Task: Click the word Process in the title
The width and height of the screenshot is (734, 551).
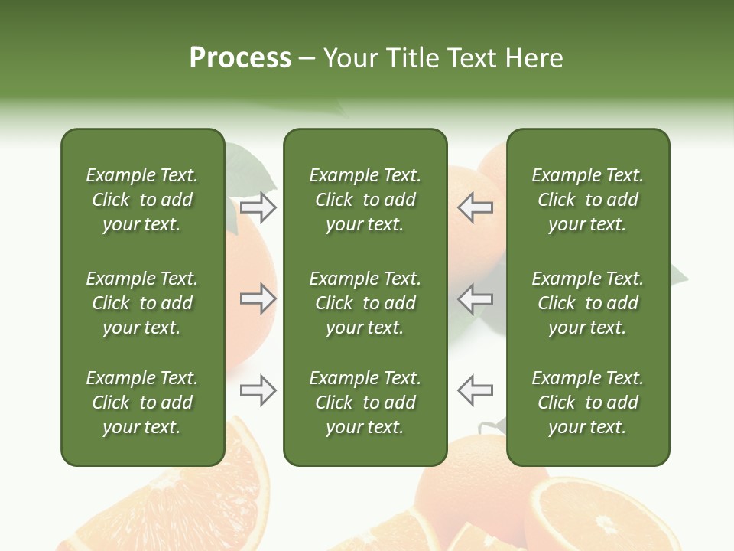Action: pyautogui.click(x=240, y=58)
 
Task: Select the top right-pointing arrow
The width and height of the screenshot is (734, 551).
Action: pyautogui.click(x=258, y=207)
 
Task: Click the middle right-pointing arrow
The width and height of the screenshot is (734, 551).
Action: pyautogui.click(x=258, y=298)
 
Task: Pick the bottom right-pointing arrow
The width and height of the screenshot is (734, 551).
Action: pyautogui.click(x=258, y=390)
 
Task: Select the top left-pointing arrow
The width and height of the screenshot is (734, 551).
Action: pyautogui.click(x=476, y=207)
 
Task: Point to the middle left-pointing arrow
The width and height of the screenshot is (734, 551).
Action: pyautogui.click(x=476, y=298)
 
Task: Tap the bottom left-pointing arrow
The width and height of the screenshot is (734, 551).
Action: pyautogui.click(x=476, y=390)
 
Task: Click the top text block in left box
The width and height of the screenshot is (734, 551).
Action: pyautogui.click(x=142, y=200)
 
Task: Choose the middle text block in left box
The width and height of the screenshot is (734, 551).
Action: pyautogui.click(x=142, y=303)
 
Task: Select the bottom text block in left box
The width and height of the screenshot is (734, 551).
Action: pyautogui.click(x=142, y=403)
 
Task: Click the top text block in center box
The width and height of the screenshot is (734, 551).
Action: pyautogui.click(x=365, y=200)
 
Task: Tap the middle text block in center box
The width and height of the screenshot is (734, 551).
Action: pyautogui.click(x=365, y=303)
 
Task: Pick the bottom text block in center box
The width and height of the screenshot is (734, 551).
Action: pyautogui.click(x=365, y=403)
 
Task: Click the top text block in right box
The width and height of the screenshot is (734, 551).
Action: pyautogui.click(x=588, y=200)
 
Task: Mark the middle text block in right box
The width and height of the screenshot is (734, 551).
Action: pyautogui.click(x=588, y=303)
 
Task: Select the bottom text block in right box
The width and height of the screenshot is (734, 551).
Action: pyautogui.click(x=588, y=403)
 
